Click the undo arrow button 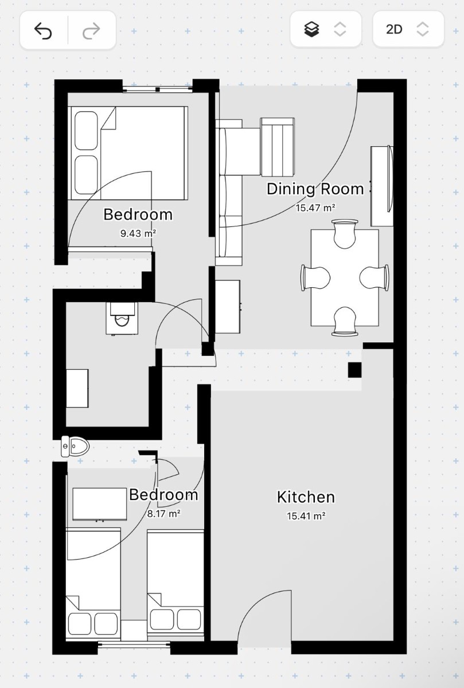tap(43, 31)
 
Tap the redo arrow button tap(91, 31)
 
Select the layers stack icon tap(311, 29)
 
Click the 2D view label tap(394, 29)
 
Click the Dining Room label tap(315, 189)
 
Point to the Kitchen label tap(306, 497)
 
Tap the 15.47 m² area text tap(315, 208)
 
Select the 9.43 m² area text tap(138, 233)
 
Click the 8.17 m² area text tap(163, 513)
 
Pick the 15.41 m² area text tap(306, 515)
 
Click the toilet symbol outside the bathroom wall tap(75, 446)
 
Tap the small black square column tap(354, 370)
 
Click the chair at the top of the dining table tap(345, 233)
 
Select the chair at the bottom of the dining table tap(345, 321)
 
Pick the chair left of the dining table tap(315, 277)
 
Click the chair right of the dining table tap(374, 277)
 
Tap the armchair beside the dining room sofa tap(277, 147)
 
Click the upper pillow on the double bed tap(86, 131)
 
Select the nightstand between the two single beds tap(134, 630)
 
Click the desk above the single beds tap(100, 505)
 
